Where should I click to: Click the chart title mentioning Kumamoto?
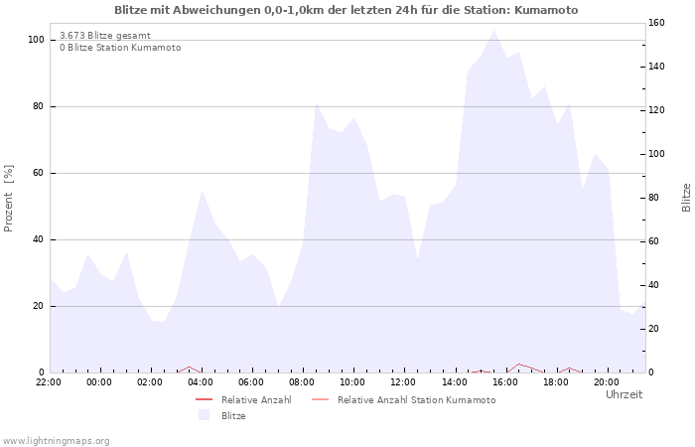click(346, 10)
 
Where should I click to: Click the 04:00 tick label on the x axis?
click(201, 381)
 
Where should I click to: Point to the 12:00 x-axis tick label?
click(403, 381)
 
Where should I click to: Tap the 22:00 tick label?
click(49, 381)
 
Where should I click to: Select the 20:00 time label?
click(606, 381)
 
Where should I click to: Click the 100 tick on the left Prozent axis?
click(36, 40)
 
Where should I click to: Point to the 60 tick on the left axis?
click(39, 173)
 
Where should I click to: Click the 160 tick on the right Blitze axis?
click(656, 23)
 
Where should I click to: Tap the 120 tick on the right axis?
click(656, 110)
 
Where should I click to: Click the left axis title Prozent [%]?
click(9, 198)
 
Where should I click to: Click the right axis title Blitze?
click(685, 198)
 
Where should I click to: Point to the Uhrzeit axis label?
click(624, 394)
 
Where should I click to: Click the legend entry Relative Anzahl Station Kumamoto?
click(416, 400)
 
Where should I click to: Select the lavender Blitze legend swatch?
click(204, 415)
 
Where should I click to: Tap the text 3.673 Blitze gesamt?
click(105, 36)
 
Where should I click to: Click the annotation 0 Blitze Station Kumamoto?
click(120, 48)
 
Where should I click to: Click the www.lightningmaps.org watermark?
click(56, 440)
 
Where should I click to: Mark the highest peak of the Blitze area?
click(493, 30)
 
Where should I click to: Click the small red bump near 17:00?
click(519, 365)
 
